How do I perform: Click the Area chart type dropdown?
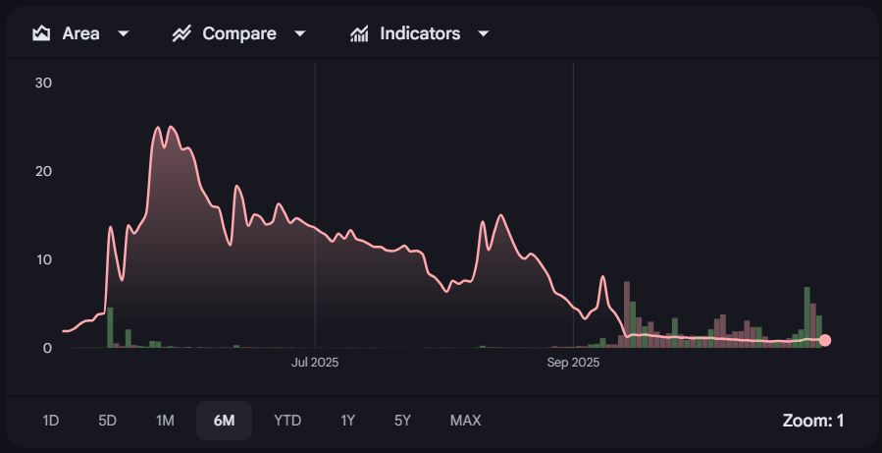click(81, 33)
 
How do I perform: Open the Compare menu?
click(239, 33)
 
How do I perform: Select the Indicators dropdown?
click(420, 33)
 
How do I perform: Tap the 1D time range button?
click(51, 421)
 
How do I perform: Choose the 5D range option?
click(108, 421)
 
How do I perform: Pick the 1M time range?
click(165, 421)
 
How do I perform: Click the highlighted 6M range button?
click(224, 421)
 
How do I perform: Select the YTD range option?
click(287, 421)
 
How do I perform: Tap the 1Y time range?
click(348, 421)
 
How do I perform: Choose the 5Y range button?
click(402, 421)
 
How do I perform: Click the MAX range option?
click(465, 421)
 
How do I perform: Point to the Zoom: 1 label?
click(812, 421)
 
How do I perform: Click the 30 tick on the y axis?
click(43, 83)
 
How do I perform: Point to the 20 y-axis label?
click(43, 171)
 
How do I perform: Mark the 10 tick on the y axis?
click(43, 259)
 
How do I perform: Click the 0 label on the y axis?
click(46, 348)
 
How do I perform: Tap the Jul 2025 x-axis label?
click(315, 363)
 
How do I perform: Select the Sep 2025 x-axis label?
click(573, 363)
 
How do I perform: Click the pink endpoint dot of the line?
click(825, 340)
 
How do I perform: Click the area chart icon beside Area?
click(41, 33)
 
